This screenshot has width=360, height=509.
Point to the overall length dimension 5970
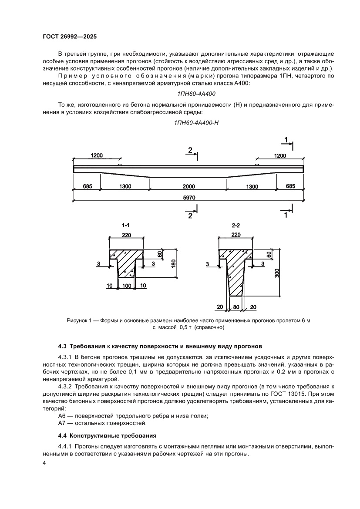coord(188,197)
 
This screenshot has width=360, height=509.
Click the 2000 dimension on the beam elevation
coord(188,186)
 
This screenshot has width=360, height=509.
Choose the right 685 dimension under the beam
coord(290,186)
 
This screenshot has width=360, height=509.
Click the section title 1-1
coord(126,226)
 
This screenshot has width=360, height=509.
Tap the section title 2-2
coord(236,226)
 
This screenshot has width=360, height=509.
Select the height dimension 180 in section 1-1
coord(173,263)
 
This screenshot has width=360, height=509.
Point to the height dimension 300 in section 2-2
coord(277,273)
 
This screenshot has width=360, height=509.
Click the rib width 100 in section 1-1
coord(127,286)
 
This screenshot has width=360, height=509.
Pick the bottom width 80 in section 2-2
coord(236,307)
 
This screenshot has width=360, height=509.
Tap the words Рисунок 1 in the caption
coord(80,320)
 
